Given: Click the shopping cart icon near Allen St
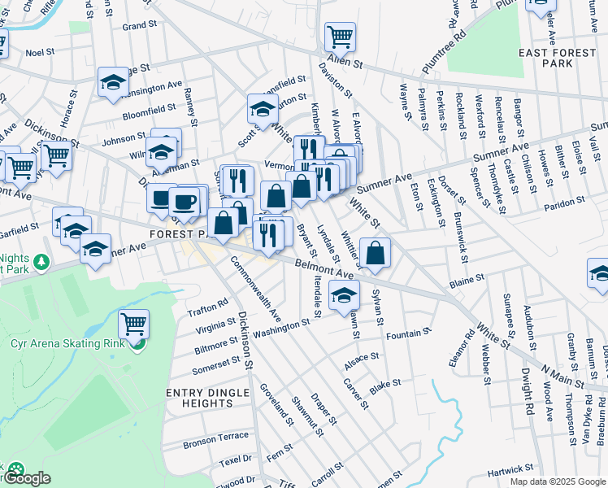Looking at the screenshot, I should (340, 36).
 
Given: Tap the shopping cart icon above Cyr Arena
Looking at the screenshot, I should (133, 324).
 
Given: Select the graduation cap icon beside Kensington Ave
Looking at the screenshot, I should (114, 81).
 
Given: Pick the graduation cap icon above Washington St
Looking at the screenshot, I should (345, 294).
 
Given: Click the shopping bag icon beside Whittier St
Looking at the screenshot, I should (375, 253).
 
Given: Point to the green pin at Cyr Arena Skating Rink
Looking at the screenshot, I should (136, 343).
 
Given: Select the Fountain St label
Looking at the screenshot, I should (408, 334).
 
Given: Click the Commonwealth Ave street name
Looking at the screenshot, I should (256, 289).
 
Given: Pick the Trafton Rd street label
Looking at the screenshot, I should (207, 307).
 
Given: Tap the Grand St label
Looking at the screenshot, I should (139, 26).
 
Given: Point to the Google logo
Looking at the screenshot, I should (26, 477).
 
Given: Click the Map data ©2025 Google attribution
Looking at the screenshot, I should (557, 481).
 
